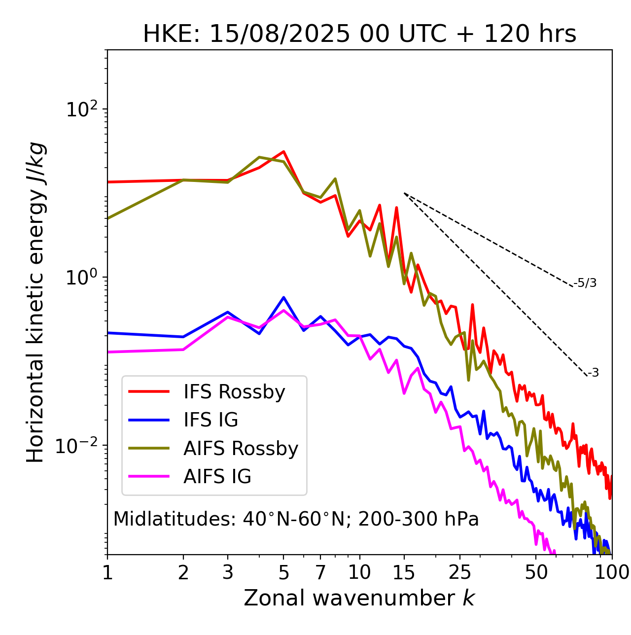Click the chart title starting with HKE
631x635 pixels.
click(x=359, y=35)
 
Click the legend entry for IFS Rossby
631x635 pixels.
click(x=234, y=392)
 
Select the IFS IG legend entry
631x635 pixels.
click(x=210, y=420)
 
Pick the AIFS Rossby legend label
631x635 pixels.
click(x=241, y=449)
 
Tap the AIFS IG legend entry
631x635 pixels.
click(x=217, y=477)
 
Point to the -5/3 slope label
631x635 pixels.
click(x=585, y=283)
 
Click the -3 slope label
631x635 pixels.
click(x=593, y=373)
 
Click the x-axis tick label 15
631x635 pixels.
click(x=404, y=572)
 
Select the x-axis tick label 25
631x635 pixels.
click(x=460, y=572)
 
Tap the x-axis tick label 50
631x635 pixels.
click(x=536, y=572)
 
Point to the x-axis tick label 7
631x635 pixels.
click(x=320, y=572)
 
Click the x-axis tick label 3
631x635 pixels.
click(x=228, y=572)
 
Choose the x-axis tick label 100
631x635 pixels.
click(x=611, y=572)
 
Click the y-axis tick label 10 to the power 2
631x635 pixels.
click(x=81, y=109)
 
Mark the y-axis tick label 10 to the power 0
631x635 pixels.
click(x=81, y=278)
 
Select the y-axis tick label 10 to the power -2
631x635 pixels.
click(x=78, y=446)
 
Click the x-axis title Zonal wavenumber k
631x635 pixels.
click(x=359, y=598)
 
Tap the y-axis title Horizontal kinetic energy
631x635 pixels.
click(x=36, y=302)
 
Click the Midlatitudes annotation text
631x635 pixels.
click(x=296, y=519)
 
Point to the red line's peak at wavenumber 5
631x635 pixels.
click(x=283, y=151)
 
